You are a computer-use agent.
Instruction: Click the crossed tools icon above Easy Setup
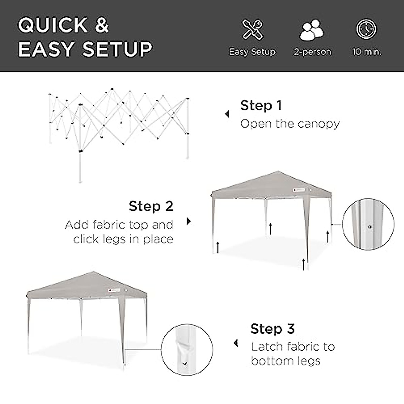point(252,30)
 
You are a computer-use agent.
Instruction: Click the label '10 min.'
point(367,52)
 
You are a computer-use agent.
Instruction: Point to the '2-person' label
point(312,52)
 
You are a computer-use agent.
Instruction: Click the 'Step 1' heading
point(261,106)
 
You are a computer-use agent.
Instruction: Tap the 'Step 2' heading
point(151,206)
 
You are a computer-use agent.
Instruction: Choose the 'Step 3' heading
point(272,329)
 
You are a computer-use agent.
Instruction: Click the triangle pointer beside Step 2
point(189,221)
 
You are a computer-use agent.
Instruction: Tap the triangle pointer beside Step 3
point(236,344)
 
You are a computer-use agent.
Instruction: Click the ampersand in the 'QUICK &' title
point(102,26)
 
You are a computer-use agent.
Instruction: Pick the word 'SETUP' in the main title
point(117,49)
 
